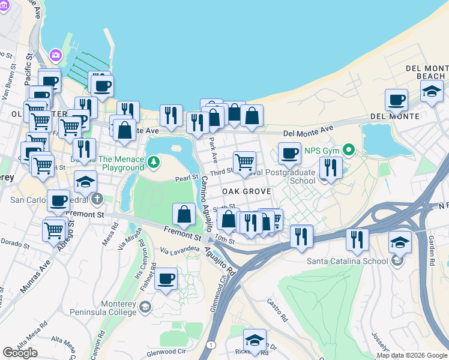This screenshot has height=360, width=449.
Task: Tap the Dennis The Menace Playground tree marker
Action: tap(154, 161)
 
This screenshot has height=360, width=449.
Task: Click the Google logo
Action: tap(20, 353)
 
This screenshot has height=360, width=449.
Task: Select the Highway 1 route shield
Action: tap(211, 344)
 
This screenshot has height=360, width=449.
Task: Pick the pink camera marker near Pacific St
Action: tap(56, 55)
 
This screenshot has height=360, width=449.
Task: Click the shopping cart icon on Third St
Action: tap(244, 161)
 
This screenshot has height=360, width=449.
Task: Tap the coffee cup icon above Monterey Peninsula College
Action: tap(166, 279)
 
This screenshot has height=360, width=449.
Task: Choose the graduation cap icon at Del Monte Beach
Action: tap(432, 91)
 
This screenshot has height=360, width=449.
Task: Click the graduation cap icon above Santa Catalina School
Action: tap(400, 242)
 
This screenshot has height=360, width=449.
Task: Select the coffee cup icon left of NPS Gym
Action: tap(289, 152)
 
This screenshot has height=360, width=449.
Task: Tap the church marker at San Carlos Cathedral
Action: tap(97, 199)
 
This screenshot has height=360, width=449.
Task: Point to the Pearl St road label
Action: tap(186, 179)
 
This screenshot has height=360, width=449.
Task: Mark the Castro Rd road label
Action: tap(274, 309)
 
